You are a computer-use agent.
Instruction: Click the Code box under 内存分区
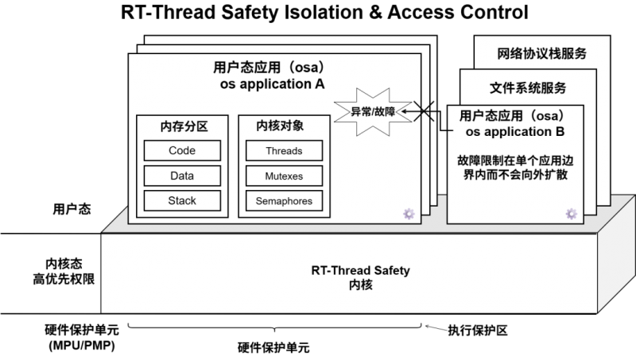182,150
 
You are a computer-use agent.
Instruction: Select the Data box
182,176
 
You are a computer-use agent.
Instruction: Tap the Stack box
182,201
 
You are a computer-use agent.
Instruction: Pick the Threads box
284,151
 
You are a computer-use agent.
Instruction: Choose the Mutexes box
284,176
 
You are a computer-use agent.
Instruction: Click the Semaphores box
284,201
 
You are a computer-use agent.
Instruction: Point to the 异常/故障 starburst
373,111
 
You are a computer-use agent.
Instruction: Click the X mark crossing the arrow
424,111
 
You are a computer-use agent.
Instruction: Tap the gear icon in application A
409,214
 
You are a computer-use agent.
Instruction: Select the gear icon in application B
572,214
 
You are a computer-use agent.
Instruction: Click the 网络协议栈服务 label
542,53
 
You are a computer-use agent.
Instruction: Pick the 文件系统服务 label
528,88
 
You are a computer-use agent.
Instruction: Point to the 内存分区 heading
184,126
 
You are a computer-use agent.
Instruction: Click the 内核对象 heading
280,126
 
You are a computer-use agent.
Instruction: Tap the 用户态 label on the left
72,209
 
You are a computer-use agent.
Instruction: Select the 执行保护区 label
478,331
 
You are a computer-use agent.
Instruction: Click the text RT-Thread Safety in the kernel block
361,270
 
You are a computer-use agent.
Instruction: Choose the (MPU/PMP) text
82,346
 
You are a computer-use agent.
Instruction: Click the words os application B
515,132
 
